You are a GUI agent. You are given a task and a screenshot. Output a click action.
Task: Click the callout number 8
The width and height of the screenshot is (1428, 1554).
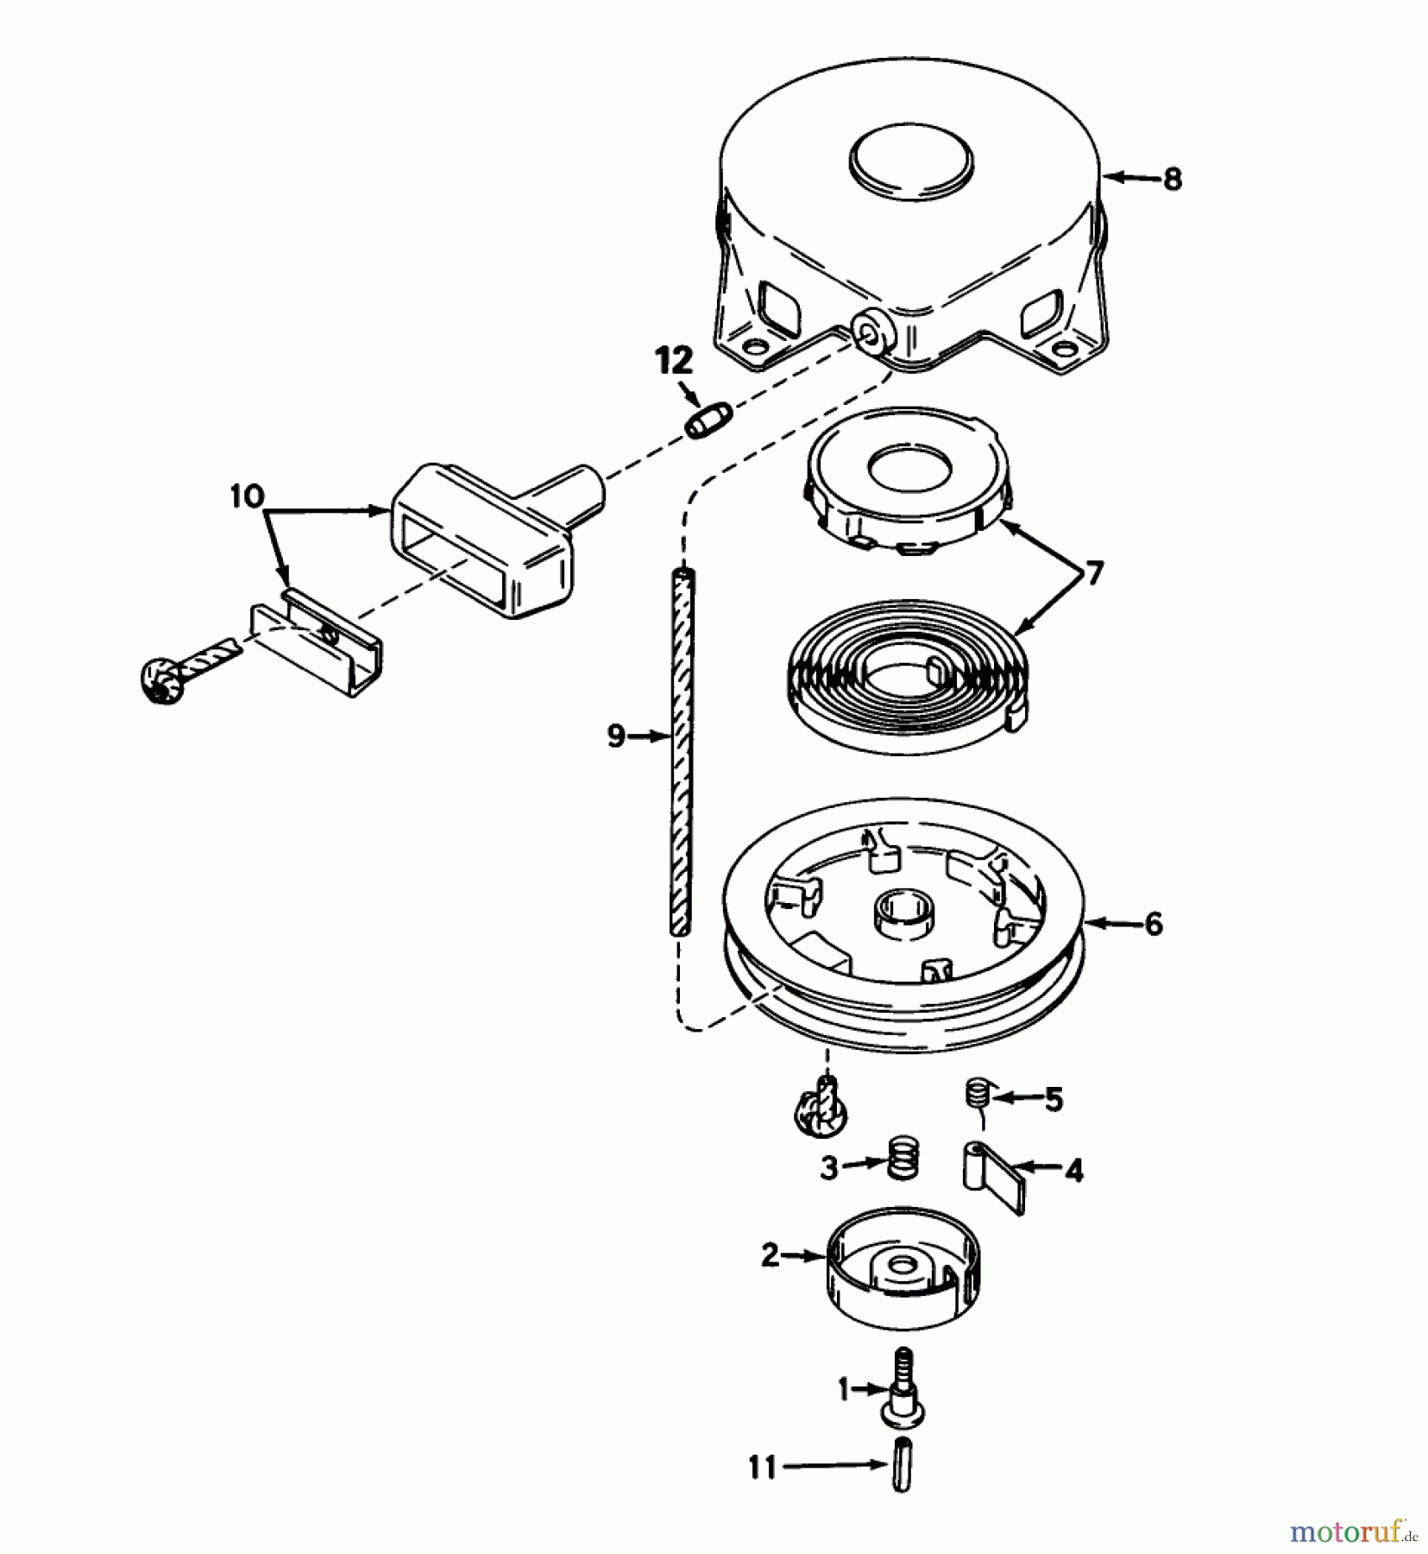[1172, 179]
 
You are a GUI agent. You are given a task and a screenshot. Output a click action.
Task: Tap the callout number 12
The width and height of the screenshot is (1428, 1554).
[674, 360]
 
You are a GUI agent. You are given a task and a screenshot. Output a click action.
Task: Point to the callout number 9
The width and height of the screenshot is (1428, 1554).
[615, 736]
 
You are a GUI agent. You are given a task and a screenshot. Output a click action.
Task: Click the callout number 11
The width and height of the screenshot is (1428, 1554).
[762, 1467]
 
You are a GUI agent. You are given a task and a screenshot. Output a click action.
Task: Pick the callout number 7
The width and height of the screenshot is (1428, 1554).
[1093, 572]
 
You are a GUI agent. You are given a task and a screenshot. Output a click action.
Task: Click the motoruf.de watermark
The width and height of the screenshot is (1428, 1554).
[1355, 1532]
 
